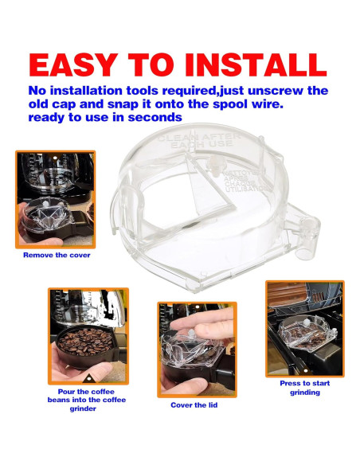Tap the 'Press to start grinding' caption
pyautogui.click(x=304, y=388)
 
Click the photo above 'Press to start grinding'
pyautogui.click(x=304, y=327)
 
